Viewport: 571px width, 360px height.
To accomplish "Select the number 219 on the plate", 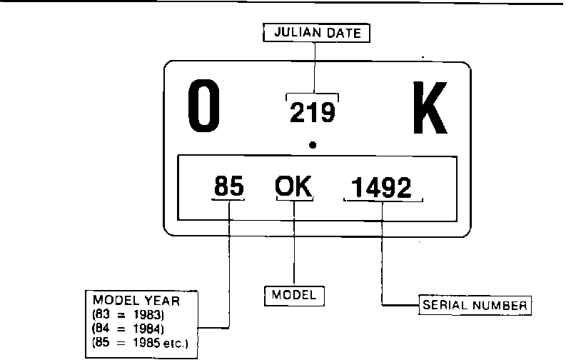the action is tap(313, 112).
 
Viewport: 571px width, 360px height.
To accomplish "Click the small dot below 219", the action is tap(313, 145).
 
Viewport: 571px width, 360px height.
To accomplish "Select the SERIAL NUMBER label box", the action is tap(475, 305).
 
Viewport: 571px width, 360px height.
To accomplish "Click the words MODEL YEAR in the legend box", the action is tap(136, 301).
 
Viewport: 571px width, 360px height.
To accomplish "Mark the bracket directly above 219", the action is tap(313, 95).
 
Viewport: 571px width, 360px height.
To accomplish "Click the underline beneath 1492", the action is tap(383, 201).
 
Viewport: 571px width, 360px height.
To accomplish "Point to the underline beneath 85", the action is tap(228, 200).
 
